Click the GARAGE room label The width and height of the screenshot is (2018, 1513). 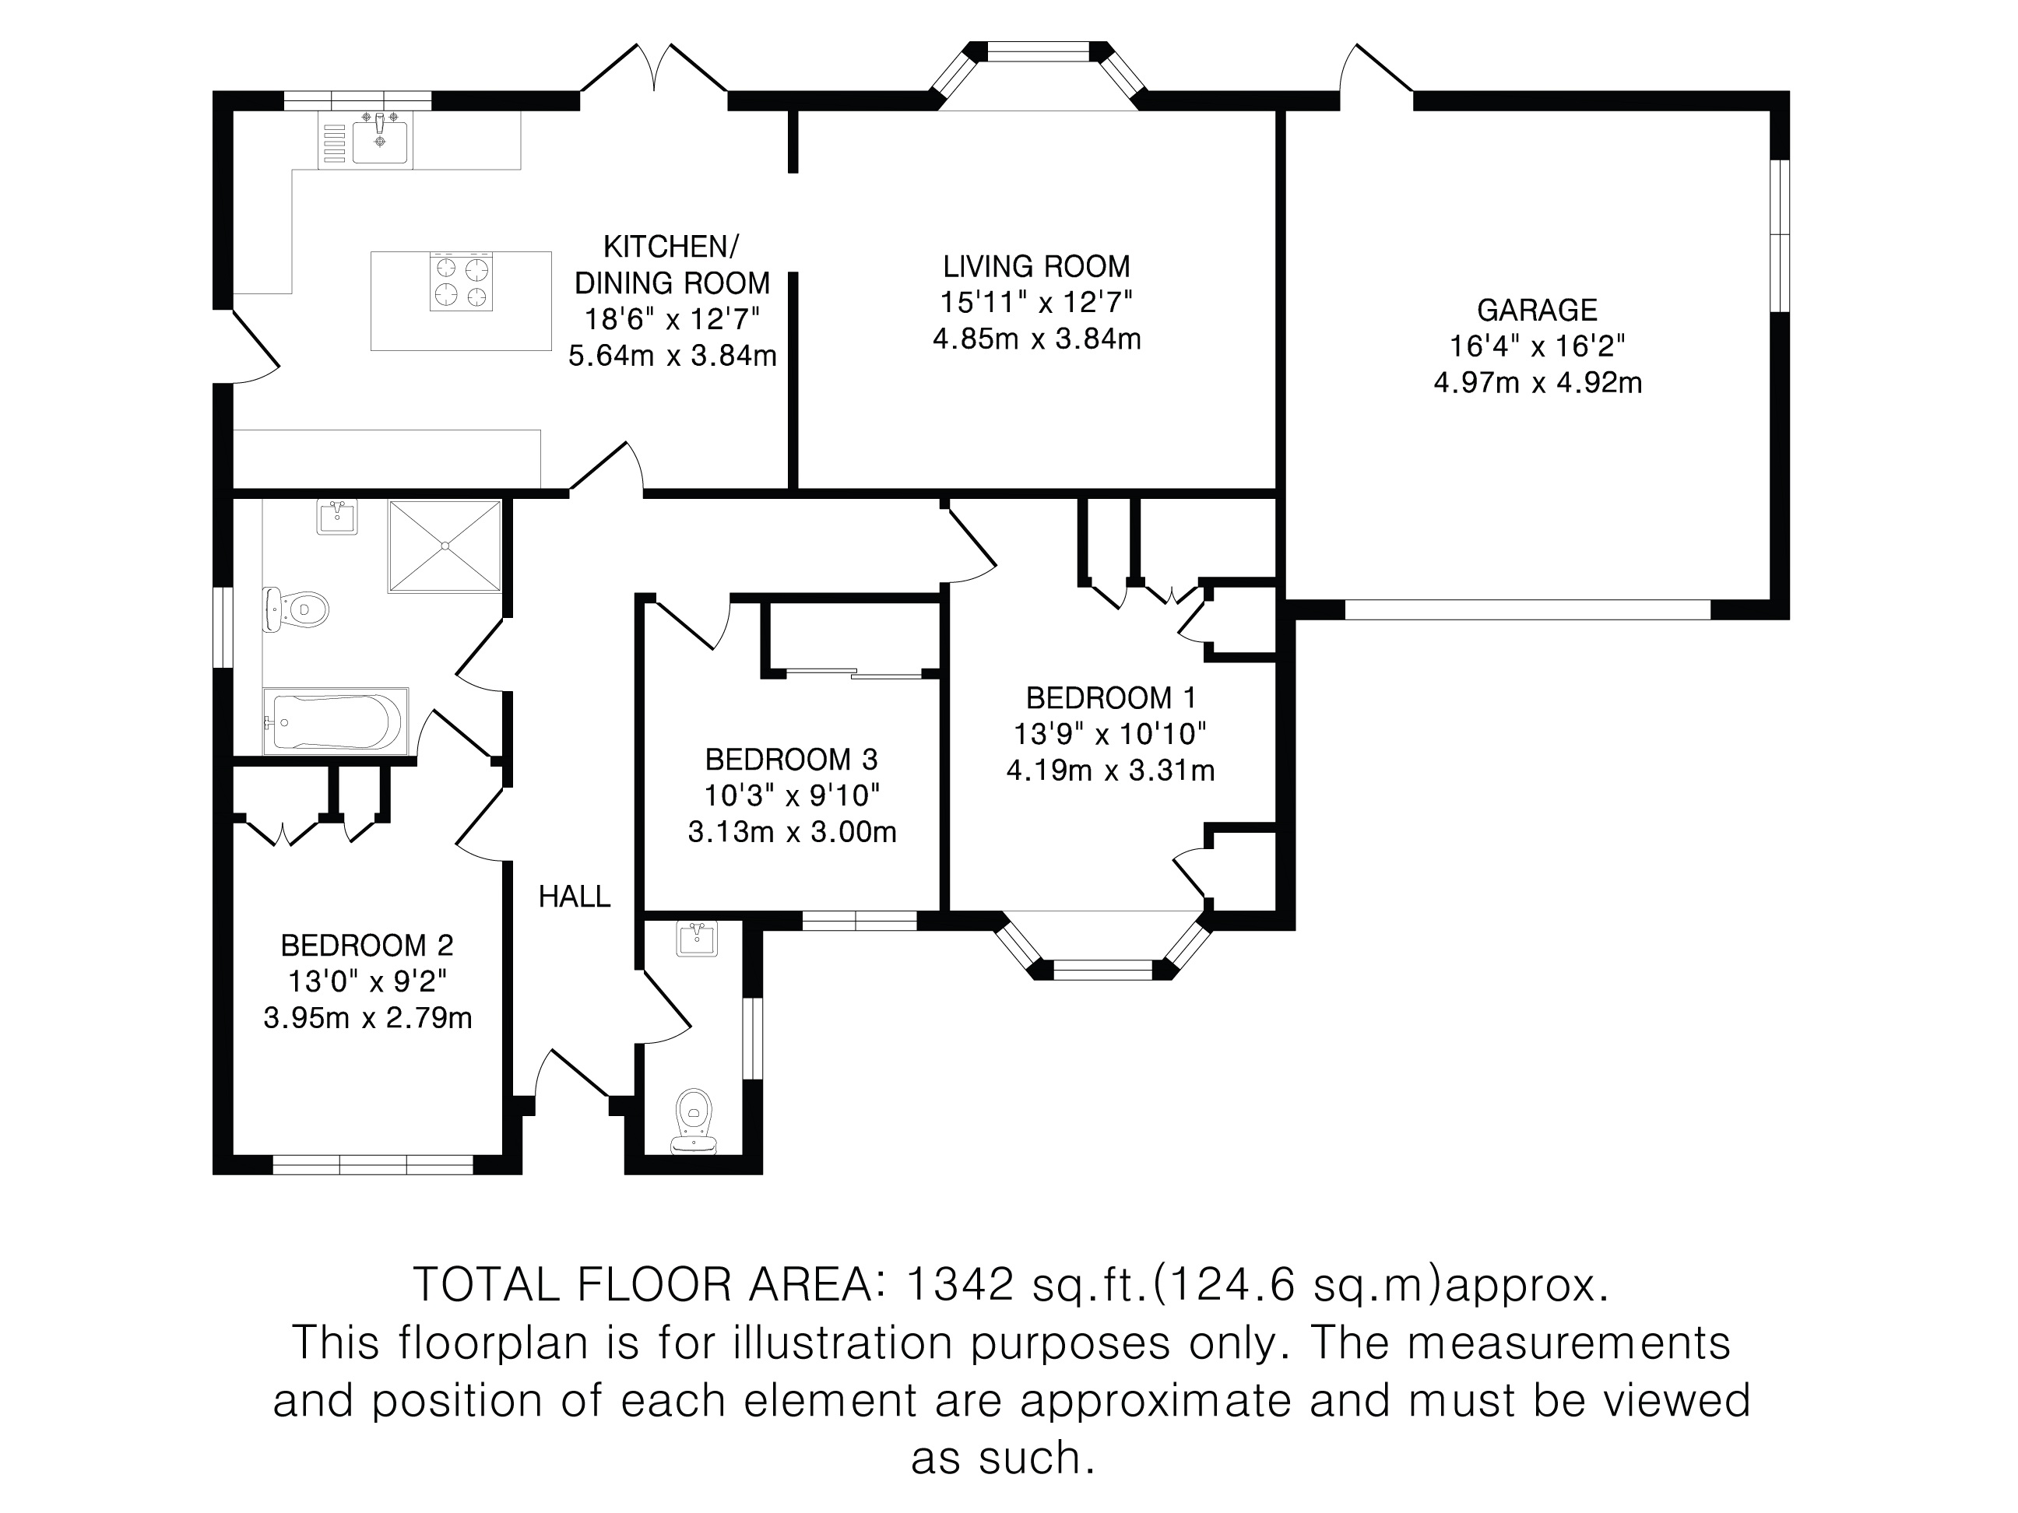point(1537,310)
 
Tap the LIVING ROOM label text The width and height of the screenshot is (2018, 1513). point(1036,266)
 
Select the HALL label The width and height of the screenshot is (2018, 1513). point(574,897)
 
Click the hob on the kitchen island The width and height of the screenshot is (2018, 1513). point(461,281)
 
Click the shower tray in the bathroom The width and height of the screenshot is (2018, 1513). point(445,546)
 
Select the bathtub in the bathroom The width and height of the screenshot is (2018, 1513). point(335,721)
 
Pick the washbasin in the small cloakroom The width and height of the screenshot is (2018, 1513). point(697,939)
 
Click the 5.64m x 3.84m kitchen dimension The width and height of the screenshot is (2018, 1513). point(673,356)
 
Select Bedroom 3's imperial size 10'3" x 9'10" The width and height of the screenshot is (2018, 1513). point(791,796)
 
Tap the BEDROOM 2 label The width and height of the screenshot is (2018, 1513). point(367,945)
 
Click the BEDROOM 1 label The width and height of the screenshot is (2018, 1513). point(1110,699)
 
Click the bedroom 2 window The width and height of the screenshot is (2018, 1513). point(373,1164)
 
